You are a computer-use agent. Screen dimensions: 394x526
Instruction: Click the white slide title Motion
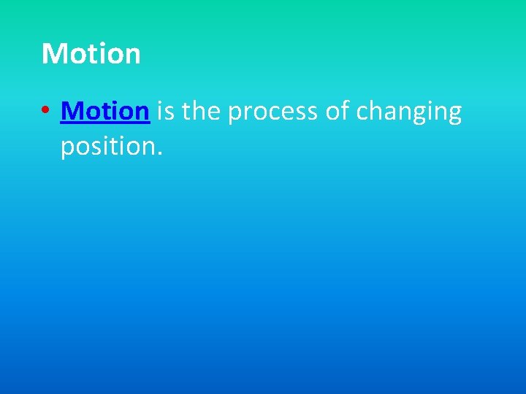(x=91, y=54)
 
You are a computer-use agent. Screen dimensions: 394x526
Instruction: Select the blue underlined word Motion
(x=106, y=112)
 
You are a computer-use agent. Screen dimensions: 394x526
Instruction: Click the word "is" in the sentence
(x=165, y=112)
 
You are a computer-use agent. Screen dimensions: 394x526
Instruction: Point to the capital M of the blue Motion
(x=72, y=112)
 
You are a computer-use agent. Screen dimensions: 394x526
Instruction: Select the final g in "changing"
(x=454, y=116)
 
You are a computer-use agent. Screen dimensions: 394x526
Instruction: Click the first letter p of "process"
(x=236, y=115)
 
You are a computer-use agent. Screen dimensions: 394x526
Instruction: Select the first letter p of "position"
(x=67, y=150)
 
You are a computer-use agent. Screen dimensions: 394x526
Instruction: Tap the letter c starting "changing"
(x=362, y=114)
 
